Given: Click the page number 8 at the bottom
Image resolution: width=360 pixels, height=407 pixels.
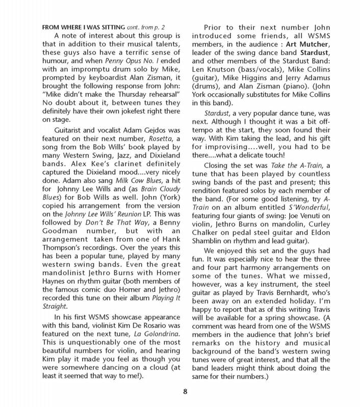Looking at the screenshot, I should click(x=180, y=392).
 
